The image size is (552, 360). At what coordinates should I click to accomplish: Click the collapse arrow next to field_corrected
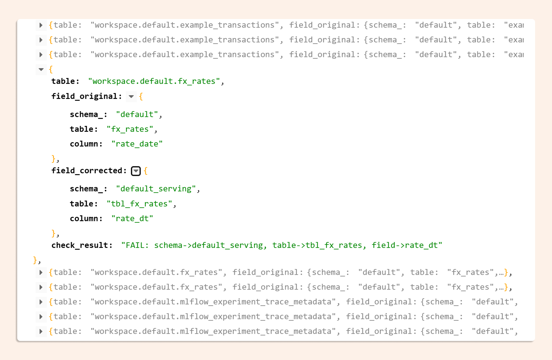(x=136, y=171)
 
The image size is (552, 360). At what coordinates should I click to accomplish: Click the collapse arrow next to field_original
(x=131, y=96)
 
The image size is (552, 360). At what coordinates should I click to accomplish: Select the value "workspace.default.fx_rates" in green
(x=154, y=81)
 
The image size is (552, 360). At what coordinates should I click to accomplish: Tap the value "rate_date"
(x=137, y=144)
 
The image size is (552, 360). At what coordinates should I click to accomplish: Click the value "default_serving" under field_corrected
(x=156, y=189)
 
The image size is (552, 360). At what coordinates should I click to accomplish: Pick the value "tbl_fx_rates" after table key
(x=139, y=204)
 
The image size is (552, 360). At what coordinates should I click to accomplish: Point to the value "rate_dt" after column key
(x=132, y=219)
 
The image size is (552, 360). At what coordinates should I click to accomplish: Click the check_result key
(x=80, y=245)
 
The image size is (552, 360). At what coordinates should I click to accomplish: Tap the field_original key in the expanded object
(x=85, y=96)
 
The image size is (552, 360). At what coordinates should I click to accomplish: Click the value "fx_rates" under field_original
(x=130, y=129)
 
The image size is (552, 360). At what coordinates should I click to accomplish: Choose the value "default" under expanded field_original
(x=137, y=115)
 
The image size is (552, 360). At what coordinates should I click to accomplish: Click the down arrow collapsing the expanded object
(x=41, y=69)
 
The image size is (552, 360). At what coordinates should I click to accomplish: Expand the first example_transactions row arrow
(x=41, y=25)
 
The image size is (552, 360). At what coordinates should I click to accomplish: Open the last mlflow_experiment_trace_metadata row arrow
(x=41, y=331)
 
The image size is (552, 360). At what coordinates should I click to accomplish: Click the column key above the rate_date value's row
(x=84, y=144)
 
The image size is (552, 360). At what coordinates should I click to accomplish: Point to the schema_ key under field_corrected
(x=86, y=189)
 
